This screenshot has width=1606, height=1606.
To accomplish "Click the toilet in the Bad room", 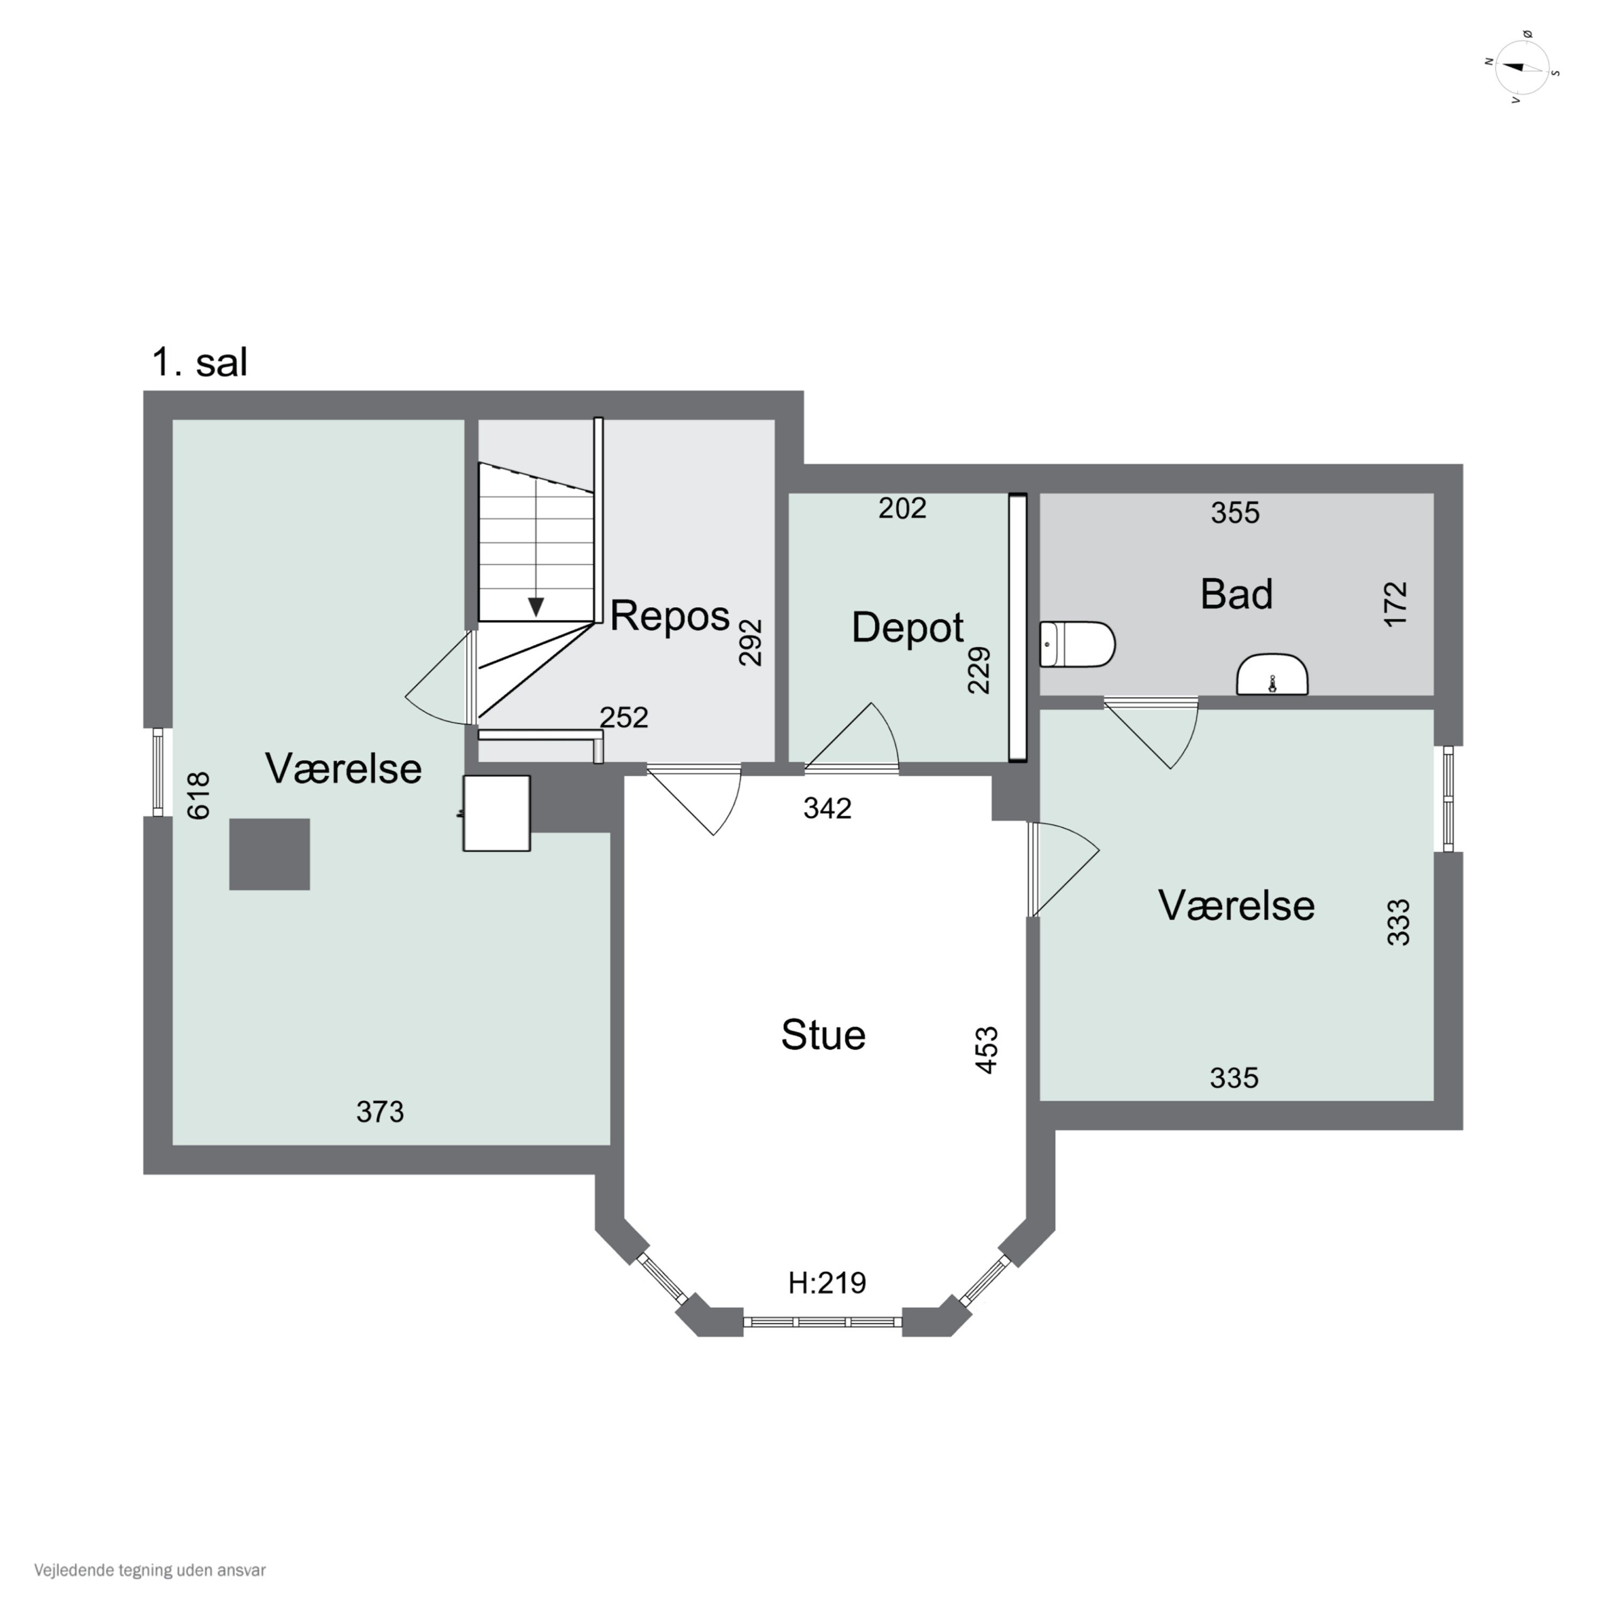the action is point(1077,644).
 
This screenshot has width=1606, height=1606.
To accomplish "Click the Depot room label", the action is point(908,627).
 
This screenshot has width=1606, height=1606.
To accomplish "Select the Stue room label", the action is point(823,1035).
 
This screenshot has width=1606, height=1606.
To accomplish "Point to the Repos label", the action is point(670,616).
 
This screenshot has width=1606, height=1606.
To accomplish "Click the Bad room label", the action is point(1236,594).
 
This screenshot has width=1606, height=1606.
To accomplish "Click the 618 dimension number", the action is point(199,796).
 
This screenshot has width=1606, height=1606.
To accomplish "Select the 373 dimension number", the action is point(380,1111).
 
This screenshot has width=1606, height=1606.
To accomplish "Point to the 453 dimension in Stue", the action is point(986,1051).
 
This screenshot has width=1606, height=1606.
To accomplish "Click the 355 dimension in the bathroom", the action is point(1235,513).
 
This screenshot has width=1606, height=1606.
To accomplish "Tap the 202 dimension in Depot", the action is point(902,508).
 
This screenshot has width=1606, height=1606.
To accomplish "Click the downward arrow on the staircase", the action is point(536,607).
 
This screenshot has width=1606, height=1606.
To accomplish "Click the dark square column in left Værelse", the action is point(269,854).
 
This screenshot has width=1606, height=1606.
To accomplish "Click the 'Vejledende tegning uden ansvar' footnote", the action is point(150,1570).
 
